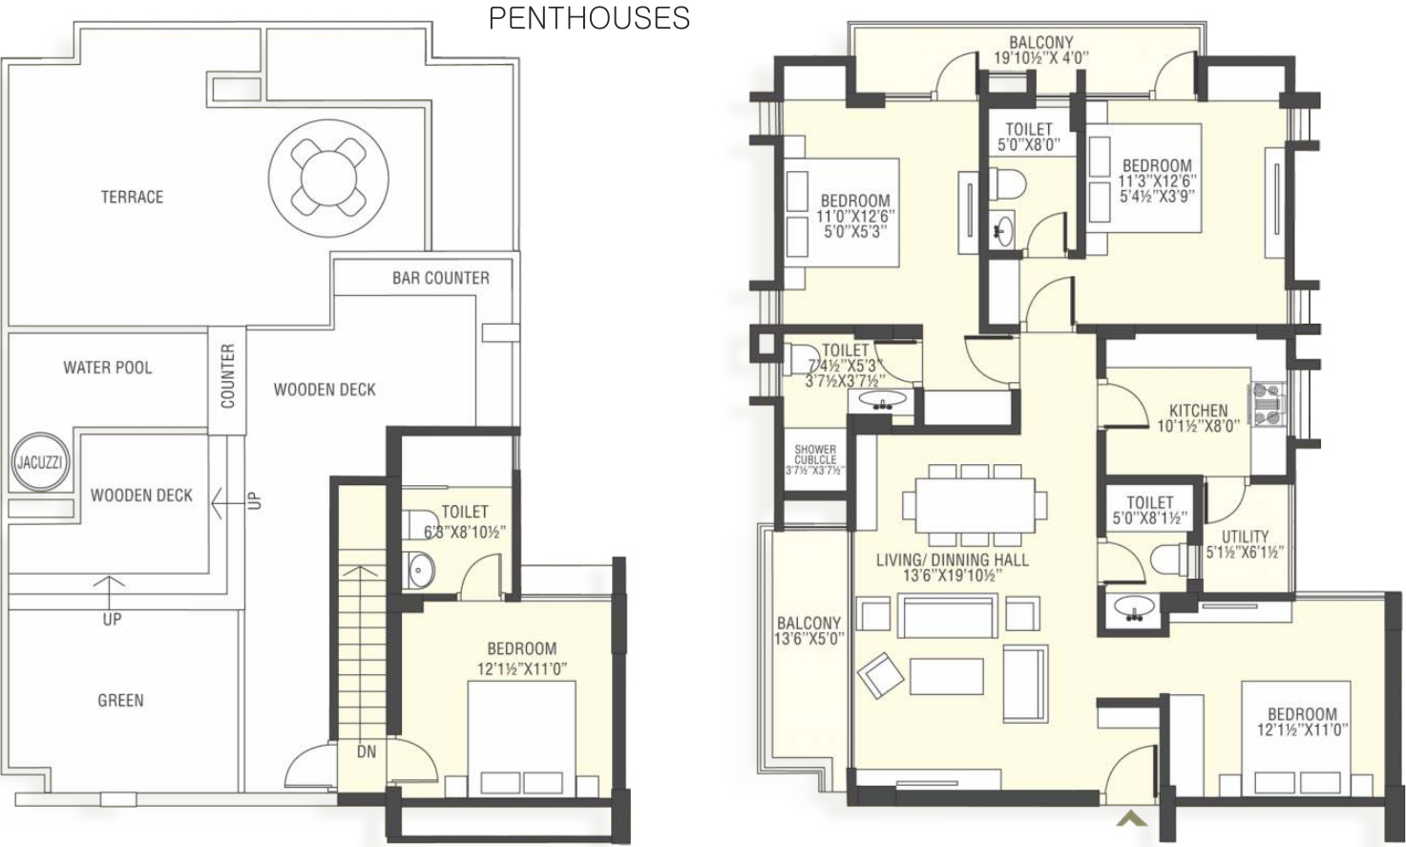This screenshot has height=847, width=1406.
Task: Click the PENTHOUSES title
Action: point(589,18)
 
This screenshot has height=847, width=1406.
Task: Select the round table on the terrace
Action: point(328,178)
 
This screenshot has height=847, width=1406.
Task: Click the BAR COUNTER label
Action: point(441,278)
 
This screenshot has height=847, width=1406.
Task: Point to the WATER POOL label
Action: point(107,368)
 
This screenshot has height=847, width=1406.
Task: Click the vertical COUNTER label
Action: point(227,376)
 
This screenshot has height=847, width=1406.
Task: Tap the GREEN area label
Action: point(120,700)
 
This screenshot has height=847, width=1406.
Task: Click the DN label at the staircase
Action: point(367,752)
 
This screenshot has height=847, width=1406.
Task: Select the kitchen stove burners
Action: point(1268,404)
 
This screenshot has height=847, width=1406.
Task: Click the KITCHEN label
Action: point(1198,411)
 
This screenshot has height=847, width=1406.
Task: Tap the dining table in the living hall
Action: point(975,505)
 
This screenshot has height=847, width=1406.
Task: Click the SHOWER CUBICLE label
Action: point(815,455)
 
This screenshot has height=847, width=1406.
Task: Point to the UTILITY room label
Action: point(1245,537)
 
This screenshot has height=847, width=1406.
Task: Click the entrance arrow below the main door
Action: point(1132,818)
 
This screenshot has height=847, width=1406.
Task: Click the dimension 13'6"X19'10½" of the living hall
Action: point(953,575)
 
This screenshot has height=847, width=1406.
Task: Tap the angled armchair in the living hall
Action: point(880,675)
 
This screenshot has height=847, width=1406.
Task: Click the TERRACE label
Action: point(132,197)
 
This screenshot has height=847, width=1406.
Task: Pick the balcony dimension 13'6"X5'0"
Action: point(809,639)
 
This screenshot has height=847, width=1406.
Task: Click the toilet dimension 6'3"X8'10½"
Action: point(465,533)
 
